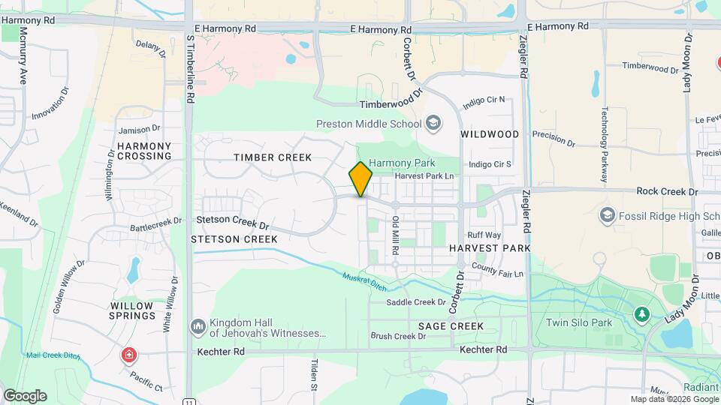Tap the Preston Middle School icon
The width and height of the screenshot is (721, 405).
point(433,122)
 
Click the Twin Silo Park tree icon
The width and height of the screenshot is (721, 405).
point(641,313)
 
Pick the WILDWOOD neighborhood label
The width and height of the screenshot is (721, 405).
point(490,134)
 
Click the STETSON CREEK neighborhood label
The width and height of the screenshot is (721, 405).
point(234,239)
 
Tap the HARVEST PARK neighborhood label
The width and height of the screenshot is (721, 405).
point(490,248)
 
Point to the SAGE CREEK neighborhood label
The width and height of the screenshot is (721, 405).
point(451,326)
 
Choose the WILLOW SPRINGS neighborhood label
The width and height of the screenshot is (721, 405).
point(133,310)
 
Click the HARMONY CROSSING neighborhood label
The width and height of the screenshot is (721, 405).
point(144,151)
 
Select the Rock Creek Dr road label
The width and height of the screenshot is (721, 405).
point(667,192)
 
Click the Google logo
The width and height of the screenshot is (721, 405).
point(25,395)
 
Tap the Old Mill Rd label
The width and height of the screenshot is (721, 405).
point(395,235)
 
